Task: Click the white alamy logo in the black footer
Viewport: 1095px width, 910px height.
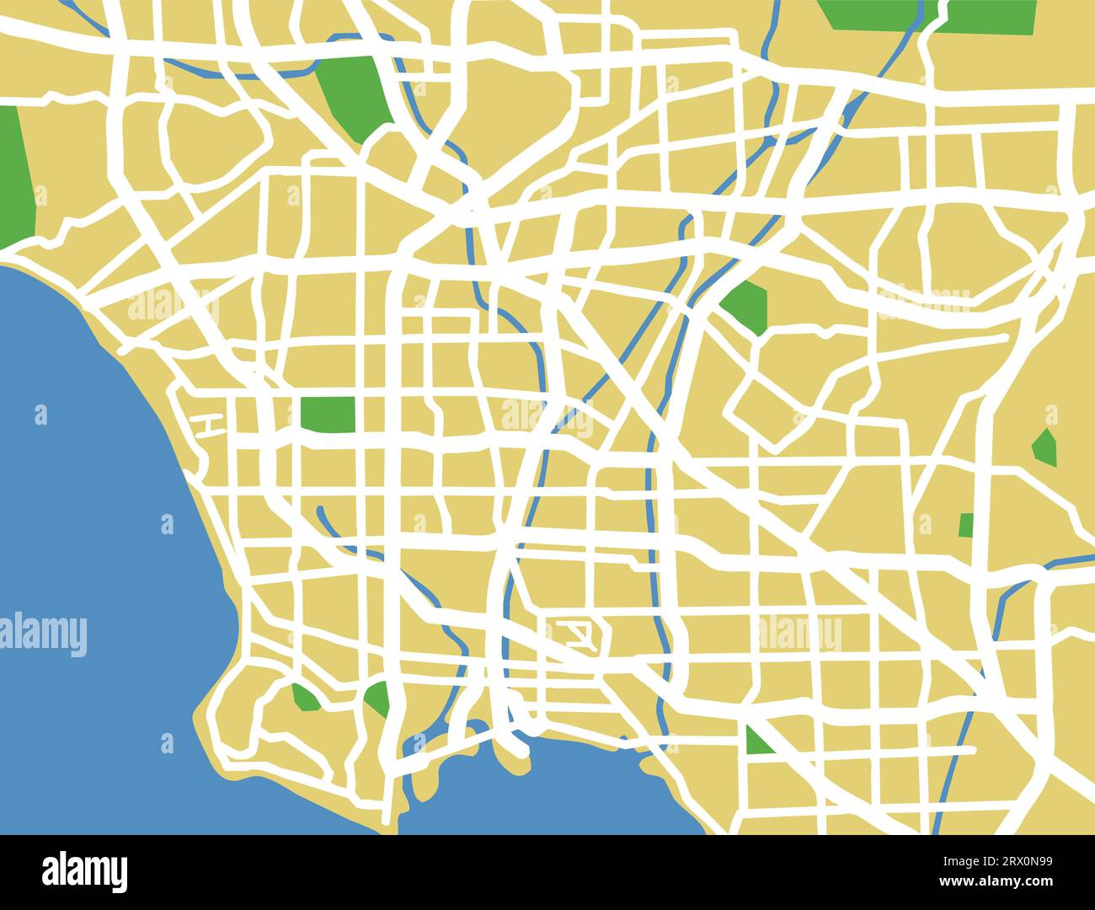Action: (x=84, y=871)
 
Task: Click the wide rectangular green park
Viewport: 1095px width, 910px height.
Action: (x=328, y=413)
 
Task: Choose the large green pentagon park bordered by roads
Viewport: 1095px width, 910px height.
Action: (x=745, y=307)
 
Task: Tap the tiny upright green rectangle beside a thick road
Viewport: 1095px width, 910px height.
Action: (x=966, y=525)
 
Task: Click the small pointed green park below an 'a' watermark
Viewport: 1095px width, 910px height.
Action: (x=1044, y=447)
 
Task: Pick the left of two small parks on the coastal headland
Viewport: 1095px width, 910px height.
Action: (x=304, y=698)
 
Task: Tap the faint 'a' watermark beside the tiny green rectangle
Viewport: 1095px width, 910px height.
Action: (x=924, y=524)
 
